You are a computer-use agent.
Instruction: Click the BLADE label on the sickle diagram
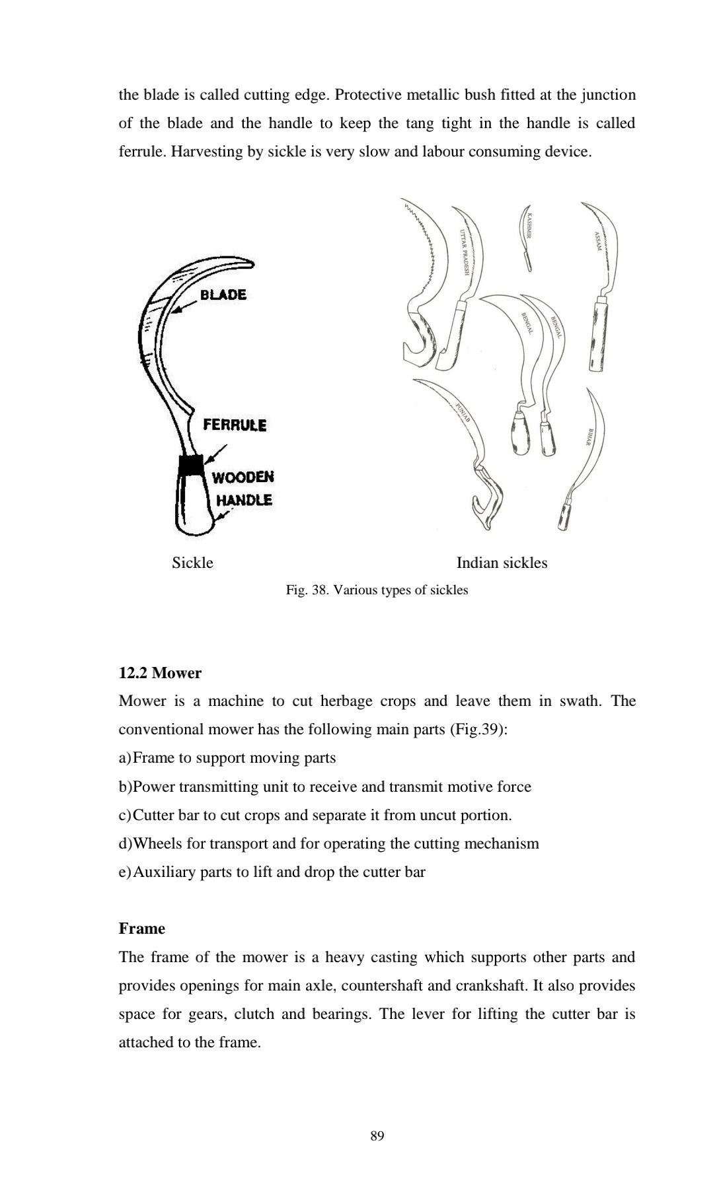tap(223, 295)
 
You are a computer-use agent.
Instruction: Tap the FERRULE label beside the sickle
tap(235, 425)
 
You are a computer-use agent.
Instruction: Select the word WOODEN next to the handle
tap(243, 477)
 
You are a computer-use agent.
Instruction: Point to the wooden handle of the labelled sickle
tap(194, 506)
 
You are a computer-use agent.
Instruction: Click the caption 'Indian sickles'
tap(502, 563)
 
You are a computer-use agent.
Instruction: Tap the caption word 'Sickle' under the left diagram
tap(192, 563)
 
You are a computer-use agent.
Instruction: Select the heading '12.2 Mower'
tap(160, 673)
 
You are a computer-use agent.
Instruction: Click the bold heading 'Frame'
tap(141, 928)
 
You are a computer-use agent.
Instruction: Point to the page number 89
tap(377, 1136)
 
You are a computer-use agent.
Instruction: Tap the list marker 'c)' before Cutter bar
tap(125, 816)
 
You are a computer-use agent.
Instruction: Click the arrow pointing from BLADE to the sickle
tap(186, 304)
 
